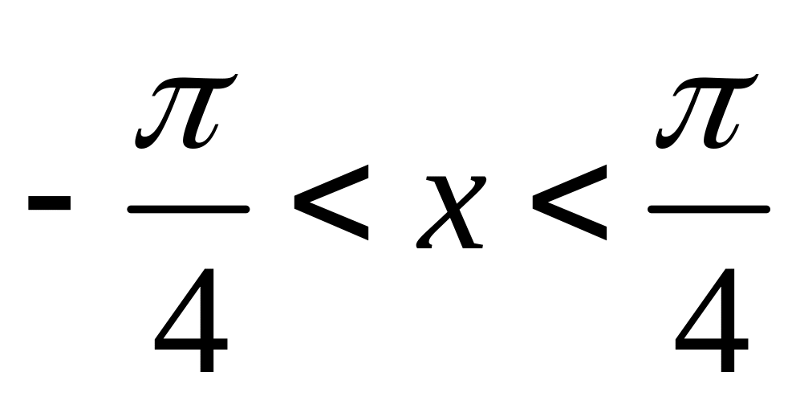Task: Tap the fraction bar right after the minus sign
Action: [189, 208]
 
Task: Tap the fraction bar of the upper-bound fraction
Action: [709, 208]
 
